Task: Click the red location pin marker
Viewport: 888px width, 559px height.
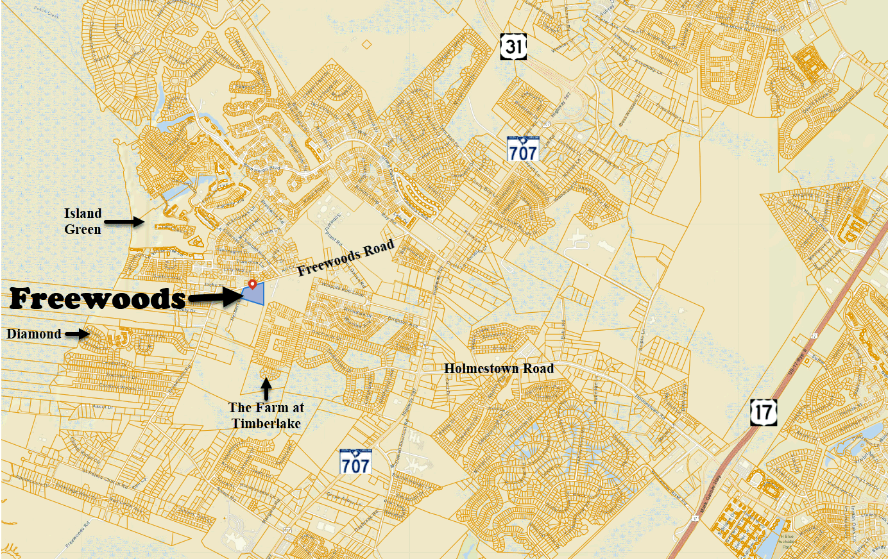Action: click(253, 283)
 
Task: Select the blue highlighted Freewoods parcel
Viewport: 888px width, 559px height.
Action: click(255, 295)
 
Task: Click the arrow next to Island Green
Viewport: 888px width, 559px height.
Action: click(124, 222)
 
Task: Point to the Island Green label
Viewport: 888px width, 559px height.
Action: click(83, 221)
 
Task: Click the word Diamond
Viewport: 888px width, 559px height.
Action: click(34, 334)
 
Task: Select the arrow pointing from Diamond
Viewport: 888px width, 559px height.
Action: click(76, 333)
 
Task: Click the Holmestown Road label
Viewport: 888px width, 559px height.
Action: click(499, 369)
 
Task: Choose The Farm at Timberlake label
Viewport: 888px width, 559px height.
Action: click(266, 415)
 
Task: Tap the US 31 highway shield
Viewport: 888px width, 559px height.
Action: click(513, 47)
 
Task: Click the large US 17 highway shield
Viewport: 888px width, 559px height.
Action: click(764, 412)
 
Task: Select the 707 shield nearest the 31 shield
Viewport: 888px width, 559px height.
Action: click(523, 149)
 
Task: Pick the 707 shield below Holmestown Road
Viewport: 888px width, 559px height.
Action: click(355, 462)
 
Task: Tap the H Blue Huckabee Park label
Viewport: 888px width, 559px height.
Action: click(787, 542)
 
